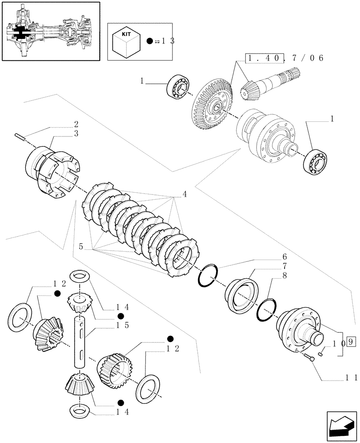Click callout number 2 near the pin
click(x=76, y=124)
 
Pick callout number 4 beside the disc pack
click(x=184, y=194)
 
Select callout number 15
click(x=110, y=325)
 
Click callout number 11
click(x=344, y=377)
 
